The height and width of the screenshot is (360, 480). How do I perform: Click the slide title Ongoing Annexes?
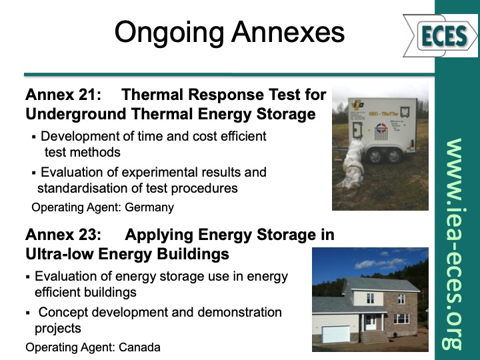[229, 32]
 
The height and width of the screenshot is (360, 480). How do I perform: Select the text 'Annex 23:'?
[63, 235]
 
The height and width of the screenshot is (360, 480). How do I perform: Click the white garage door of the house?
[337, 333]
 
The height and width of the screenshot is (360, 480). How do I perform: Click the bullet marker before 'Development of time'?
[34, 137]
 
